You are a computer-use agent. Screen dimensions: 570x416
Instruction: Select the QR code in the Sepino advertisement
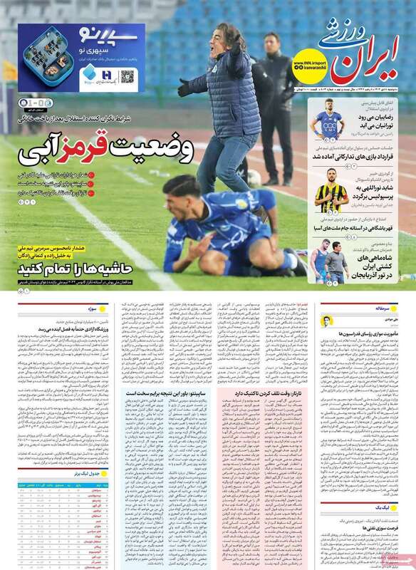click(x=128, y=76)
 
